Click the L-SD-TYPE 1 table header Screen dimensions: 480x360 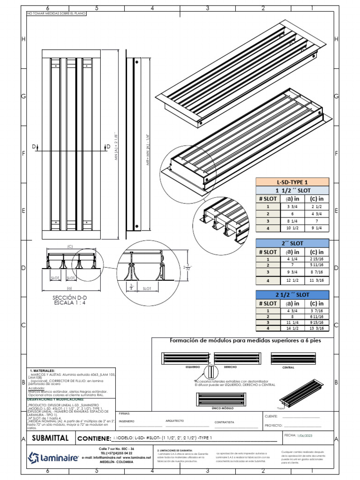pyautogui.click(x=292, y=182)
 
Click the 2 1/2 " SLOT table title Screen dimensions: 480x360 pyautogui.click(x=292, y=294)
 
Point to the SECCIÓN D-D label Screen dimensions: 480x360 pyautogui.click(x=70, y=298)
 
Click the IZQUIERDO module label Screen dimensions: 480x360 pyautogui.click(x=193, y=367)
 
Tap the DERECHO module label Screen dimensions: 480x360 pyautogui.click(x=230, y=367)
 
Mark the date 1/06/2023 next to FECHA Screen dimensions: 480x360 pyautogui.click(x=307, y=436)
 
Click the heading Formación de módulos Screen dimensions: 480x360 pyautogui.click(x=245, y=341)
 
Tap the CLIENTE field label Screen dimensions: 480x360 pyautogui.click(x=272, y=416)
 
